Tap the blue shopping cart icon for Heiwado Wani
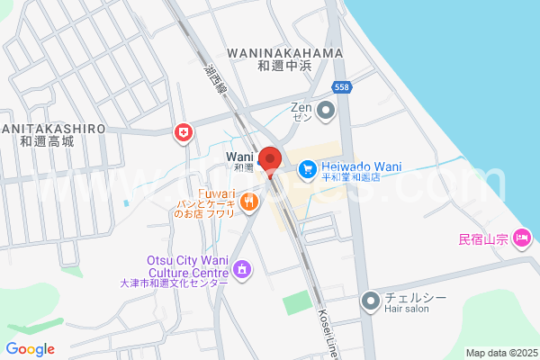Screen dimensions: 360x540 point(307,168)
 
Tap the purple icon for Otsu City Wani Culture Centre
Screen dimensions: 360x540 point(241,268)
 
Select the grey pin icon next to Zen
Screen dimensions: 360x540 point(326,112)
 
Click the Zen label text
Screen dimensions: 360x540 point(301,107)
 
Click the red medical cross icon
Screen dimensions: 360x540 point(184,133)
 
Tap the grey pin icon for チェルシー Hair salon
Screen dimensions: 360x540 point(370,301)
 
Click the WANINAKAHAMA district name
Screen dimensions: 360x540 point(286,53)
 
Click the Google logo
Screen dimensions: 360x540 point(30,349)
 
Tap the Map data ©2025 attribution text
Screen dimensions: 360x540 point(500,353)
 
